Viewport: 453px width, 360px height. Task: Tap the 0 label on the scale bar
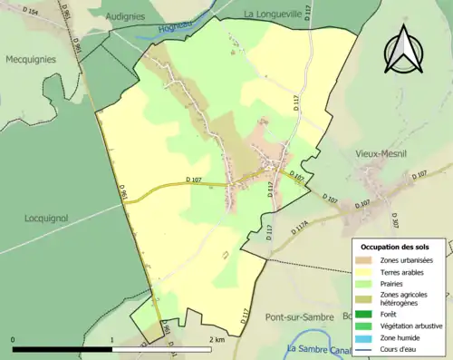tap(14, 340)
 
